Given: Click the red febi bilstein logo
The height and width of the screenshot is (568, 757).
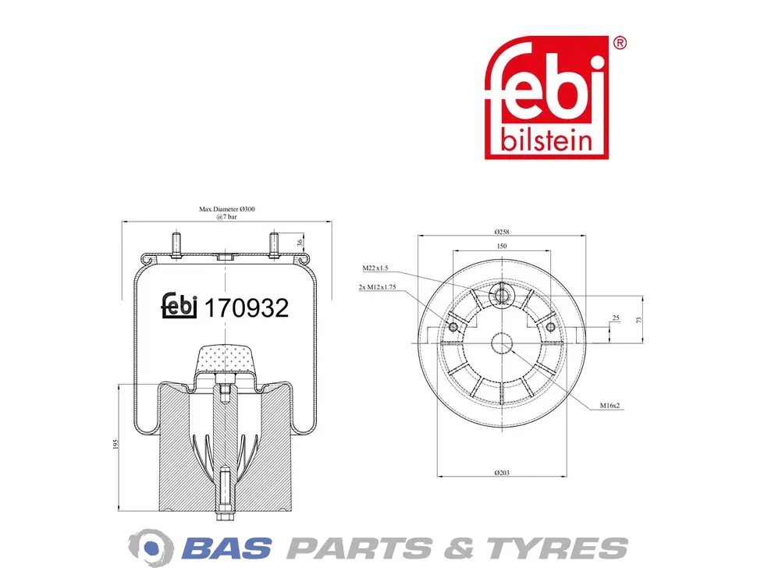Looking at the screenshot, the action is (x=546, y=97).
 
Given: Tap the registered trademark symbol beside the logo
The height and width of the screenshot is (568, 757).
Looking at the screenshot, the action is (x=620, y=44).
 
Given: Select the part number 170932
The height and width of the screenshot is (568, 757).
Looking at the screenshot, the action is (x=247, y=308).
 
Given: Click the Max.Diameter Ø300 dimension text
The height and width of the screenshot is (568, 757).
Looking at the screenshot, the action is (x=227, y=209).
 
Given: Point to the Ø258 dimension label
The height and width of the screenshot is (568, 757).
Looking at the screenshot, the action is (x=502, y=232).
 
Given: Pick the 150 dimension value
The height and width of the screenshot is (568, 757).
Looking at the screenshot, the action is (x=502, y=246).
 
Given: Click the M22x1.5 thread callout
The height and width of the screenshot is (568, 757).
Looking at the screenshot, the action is (x=375, y=268).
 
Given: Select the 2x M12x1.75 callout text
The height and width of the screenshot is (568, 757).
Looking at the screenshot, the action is (x=377, y=287).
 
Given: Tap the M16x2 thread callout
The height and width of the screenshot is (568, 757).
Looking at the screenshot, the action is (x=610, y=406).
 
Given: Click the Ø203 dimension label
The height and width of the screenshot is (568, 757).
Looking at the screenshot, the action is (x=502, y=473).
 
